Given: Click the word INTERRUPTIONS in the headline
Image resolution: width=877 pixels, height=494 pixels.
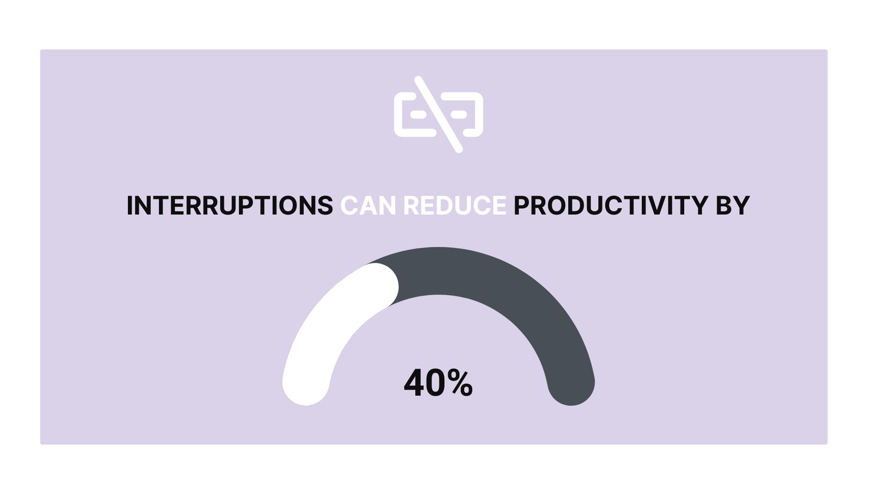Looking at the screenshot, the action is click(230, 205).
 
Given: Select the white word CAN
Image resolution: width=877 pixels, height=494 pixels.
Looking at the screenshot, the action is click(368, 205).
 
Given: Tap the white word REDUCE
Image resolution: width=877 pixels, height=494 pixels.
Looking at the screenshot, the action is click(455, 205).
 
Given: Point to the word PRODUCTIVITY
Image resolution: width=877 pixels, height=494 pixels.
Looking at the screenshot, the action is click(611, 205).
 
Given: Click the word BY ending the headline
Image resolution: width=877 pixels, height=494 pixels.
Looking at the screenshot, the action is click(733, 205).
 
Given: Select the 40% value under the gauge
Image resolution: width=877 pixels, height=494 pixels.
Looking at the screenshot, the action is click(438, 383).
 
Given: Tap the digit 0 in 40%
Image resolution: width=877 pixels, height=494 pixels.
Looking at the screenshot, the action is click(436, 383).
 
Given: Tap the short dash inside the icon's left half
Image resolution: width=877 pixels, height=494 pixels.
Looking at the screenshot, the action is click(418, 114).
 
